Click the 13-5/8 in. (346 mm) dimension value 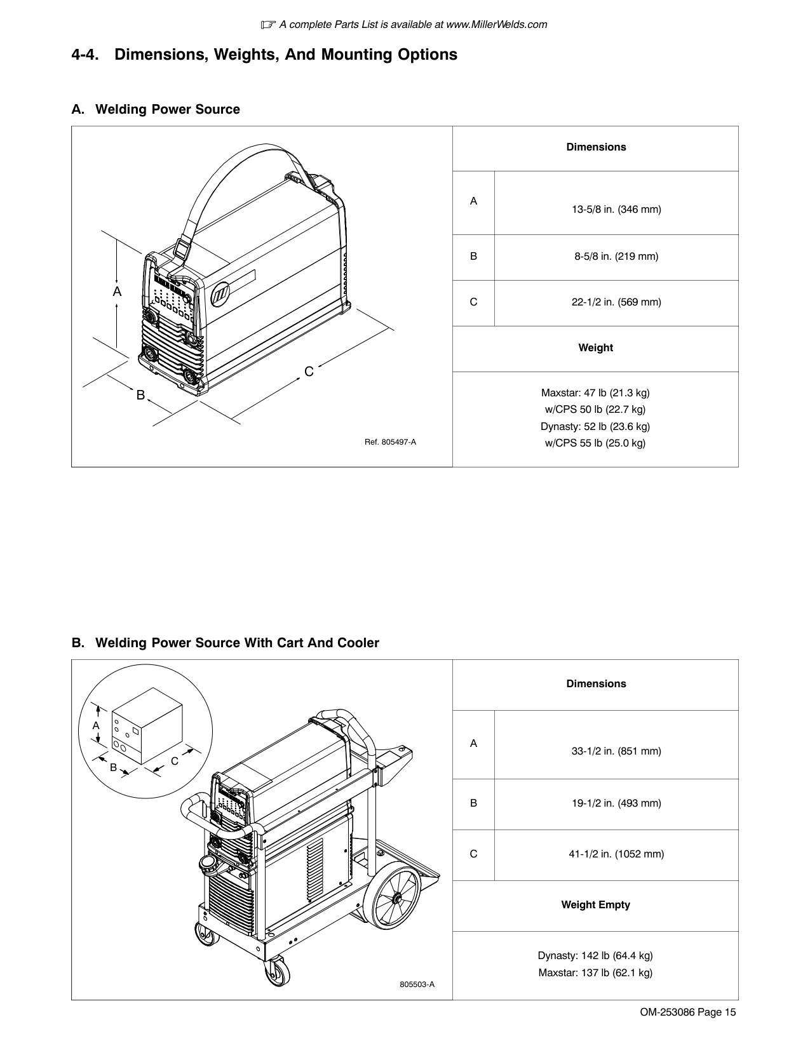point(616,209)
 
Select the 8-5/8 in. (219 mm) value point(616,257)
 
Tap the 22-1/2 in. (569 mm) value point(616,302)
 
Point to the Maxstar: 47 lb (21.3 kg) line point(595,393)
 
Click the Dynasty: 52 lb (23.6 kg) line point(595,426)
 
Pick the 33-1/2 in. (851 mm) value point(616,751)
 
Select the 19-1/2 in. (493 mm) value point(616,803)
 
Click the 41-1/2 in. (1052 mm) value point(616,854)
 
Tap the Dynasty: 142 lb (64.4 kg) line point(595,955)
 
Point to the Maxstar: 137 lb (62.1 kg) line point(595,972)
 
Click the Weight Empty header point(595,904)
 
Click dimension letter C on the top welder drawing point(309,372)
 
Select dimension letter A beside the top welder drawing point(117,292)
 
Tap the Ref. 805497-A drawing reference point(390,442)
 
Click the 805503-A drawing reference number point(417,984)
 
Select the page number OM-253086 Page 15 point(688,1012)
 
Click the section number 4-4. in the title point(85,55)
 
